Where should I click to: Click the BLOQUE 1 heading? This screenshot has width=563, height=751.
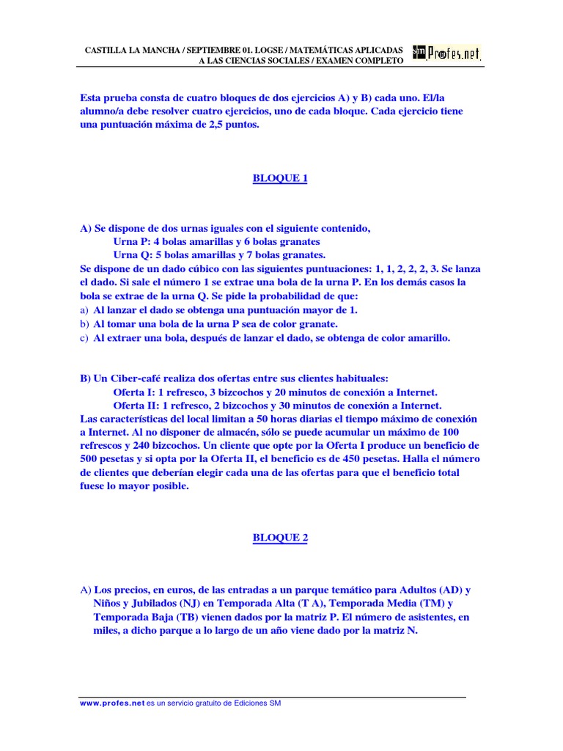pos(280,178)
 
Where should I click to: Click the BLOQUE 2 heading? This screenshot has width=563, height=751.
pos(280,538)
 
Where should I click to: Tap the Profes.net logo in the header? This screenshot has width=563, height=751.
pos(447,54)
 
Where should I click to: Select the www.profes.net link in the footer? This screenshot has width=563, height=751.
pos(112,703)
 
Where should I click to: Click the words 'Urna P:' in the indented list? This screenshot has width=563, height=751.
pos(131,242)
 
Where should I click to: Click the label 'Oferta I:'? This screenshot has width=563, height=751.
pos(136,392)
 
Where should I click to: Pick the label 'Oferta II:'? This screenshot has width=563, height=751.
pos(139,406)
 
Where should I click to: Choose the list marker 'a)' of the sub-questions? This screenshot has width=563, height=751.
pos(84,310)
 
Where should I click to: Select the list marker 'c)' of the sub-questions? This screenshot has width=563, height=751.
pos(84,338)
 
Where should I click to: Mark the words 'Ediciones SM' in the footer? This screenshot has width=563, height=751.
pos(257,703)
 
